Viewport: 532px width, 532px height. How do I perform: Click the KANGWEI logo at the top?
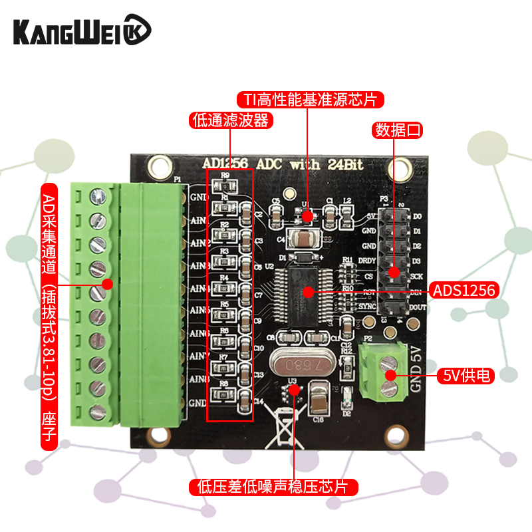82,31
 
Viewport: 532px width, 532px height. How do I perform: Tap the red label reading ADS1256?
465,291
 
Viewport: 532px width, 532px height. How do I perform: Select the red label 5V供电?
467,376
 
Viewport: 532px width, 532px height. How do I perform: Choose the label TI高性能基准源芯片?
311,100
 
